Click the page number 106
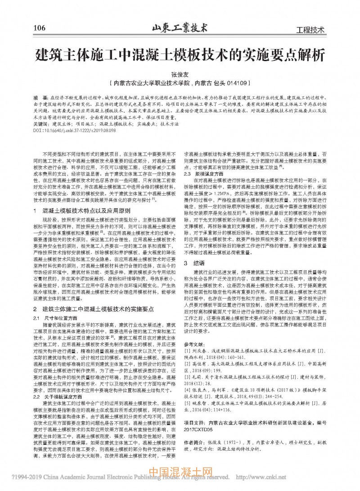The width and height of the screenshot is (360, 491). (39, 28)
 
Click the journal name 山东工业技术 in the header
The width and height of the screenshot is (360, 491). (180, 27)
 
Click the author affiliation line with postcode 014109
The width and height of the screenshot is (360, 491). (180, 83)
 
